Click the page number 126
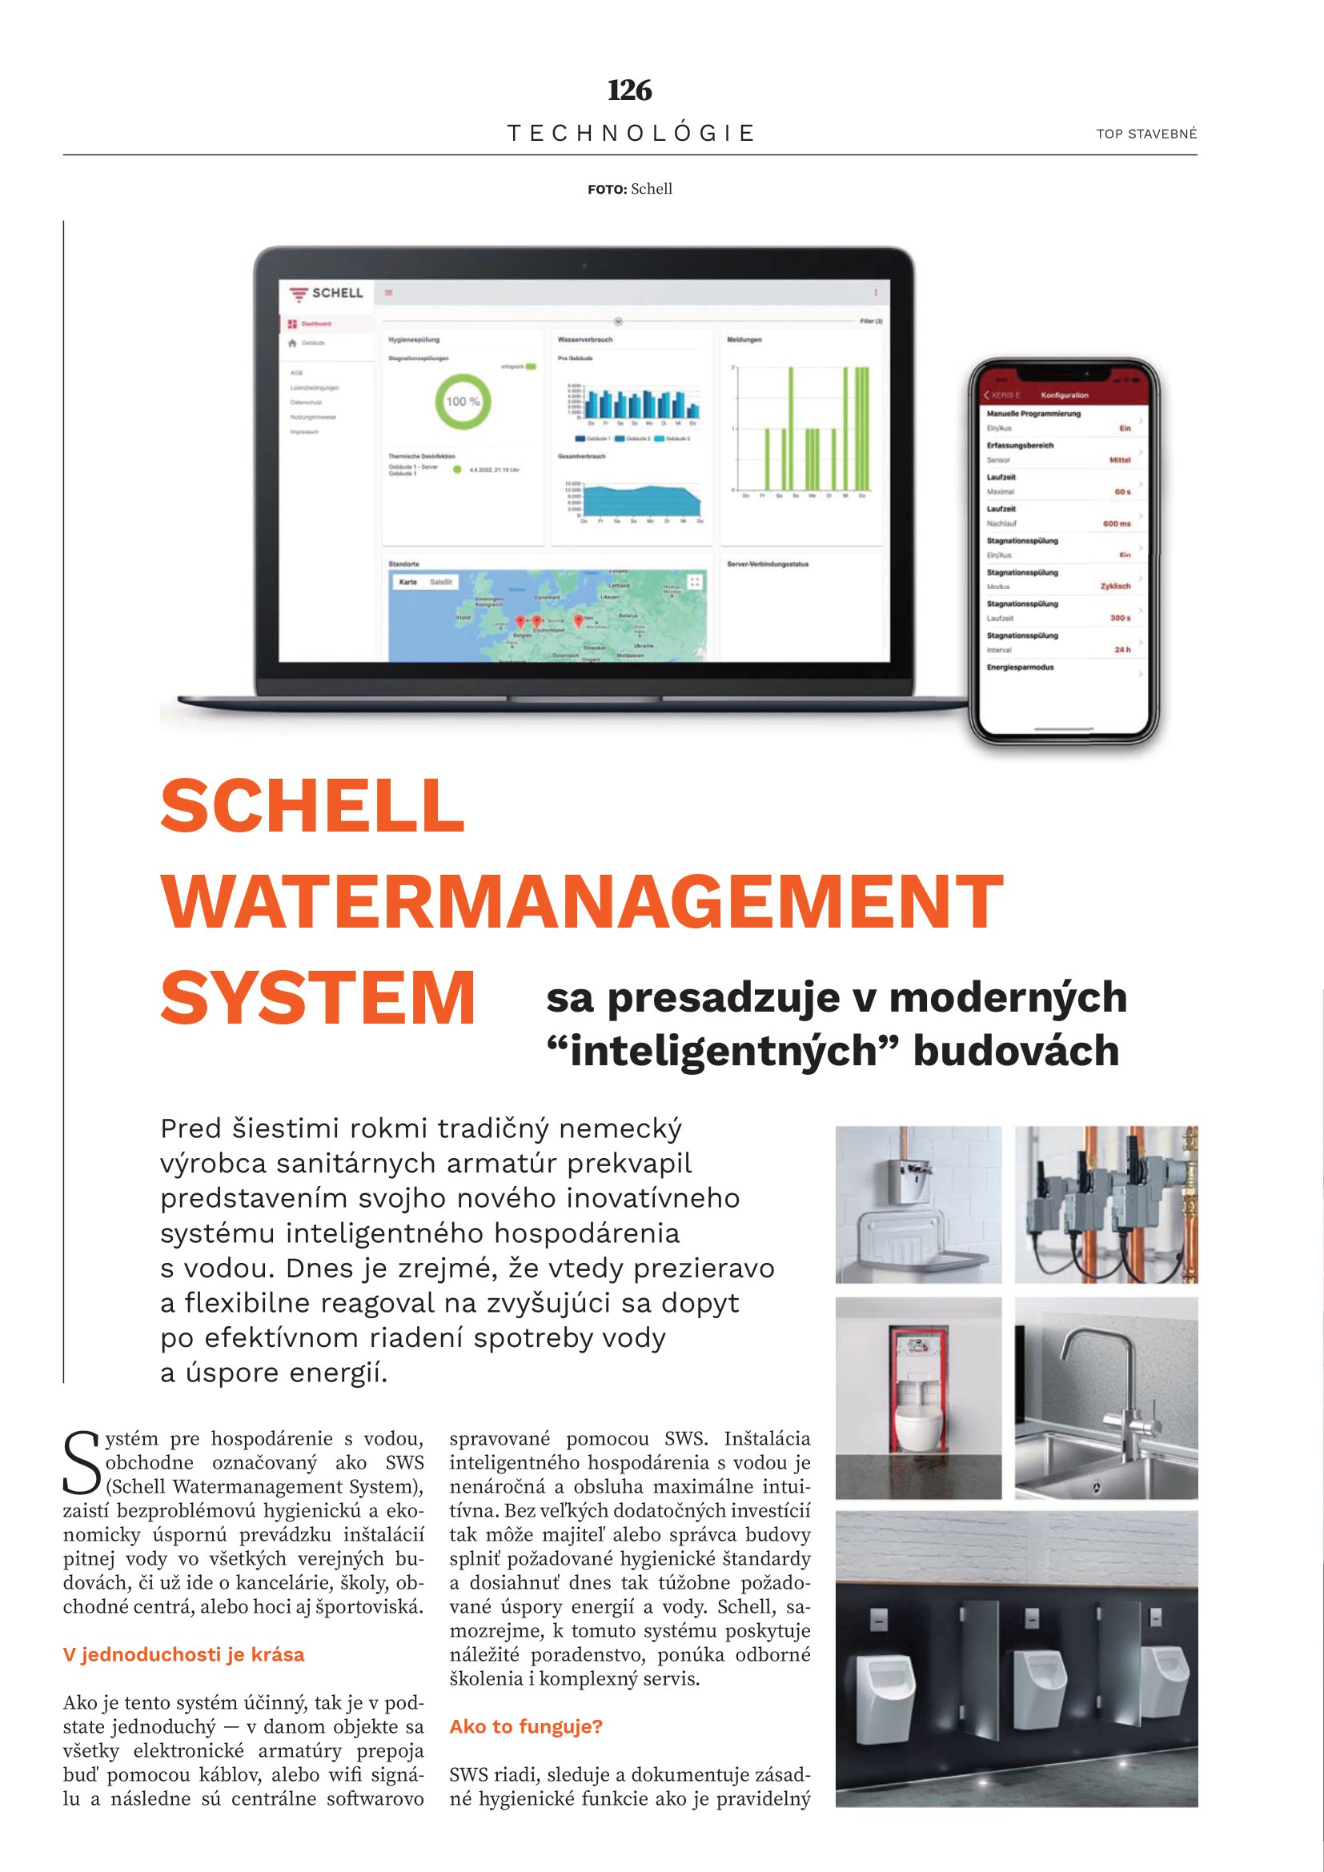(629, 90)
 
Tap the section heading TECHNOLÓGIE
(631, 133)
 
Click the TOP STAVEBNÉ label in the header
(1146, 134)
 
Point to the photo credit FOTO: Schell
(629, 189)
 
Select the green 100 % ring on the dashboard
(462, 401)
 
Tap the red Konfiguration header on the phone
(1063, 395)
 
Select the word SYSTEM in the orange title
(318, 998)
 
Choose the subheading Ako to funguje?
(526, 1726)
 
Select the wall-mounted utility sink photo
(918, 1205)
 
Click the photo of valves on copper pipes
(1105, 1205)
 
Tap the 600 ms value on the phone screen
(1116, 523)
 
